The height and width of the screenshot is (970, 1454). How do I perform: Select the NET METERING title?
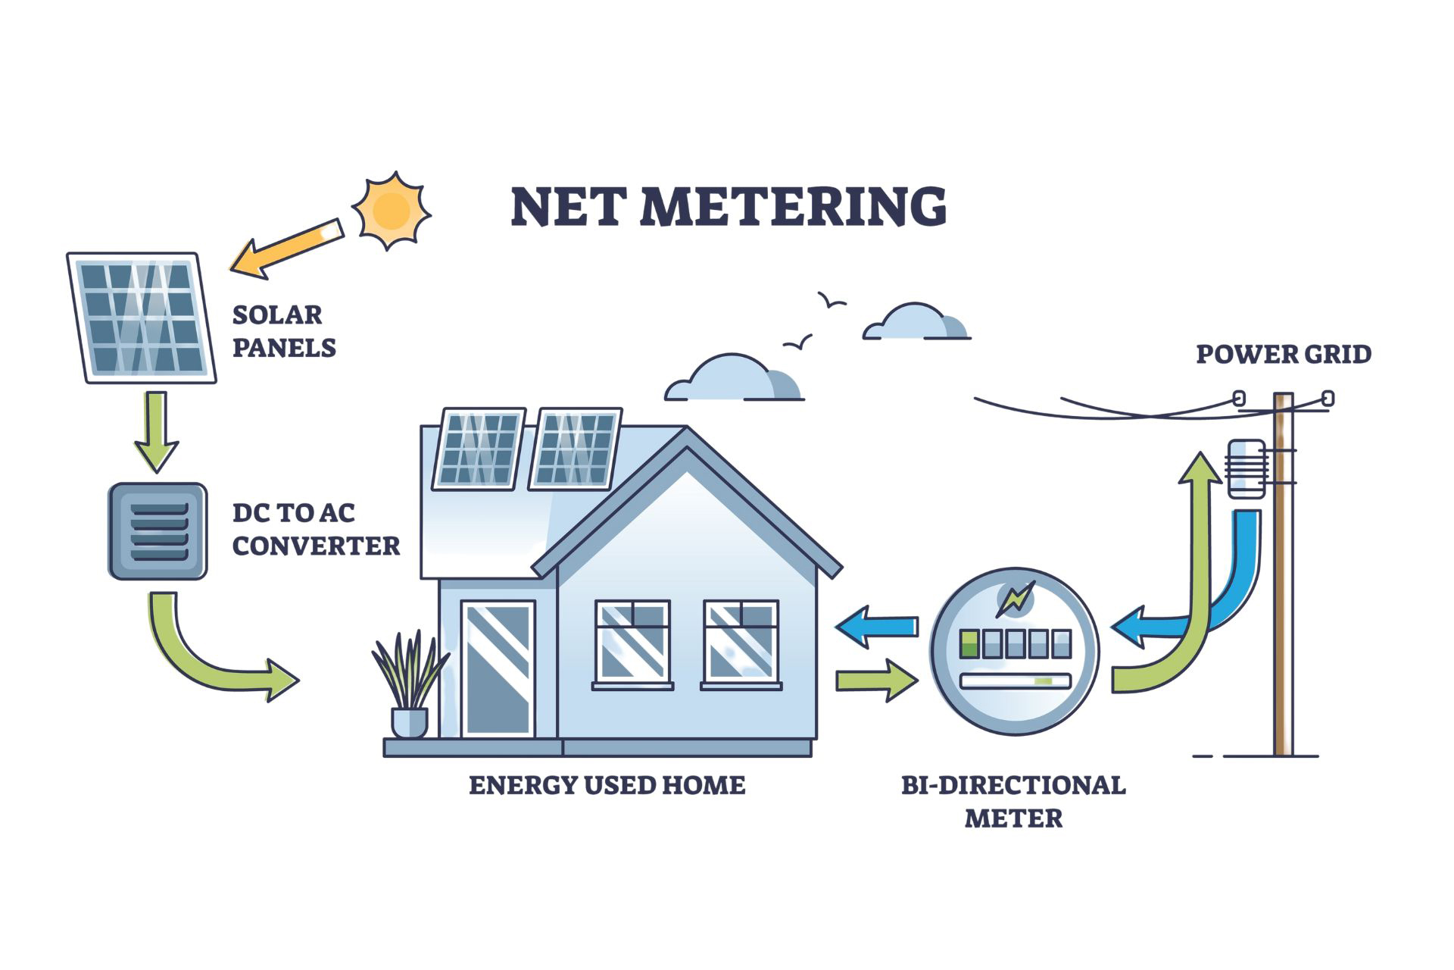pyautogui.click(x=729, y=206)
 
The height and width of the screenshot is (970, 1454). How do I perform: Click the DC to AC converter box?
pyautogui.click(x=158, y=531)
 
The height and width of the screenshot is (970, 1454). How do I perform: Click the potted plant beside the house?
pyautogui.click(x=410, y=686)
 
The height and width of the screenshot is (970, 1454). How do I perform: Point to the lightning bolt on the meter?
pyautogui.click(x=1015, y=599)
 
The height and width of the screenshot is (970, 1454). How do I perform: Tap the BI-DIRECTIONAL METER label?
pyautogui.click(x=1013, y=801)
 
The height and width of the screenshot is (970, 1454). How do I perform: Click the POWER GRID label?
pyautogui.click(x=1284, y=354)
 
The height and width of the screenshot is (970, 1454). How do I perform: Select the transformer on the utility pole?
pyautogui.click(x=1246, y=469)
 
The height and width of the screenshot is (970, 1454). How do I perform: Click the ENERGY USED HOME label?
pyautogui.click(x=607, y=784)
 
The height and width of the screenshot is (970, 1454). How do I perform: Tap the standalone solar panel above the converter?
pyautogui.click(x=142, y=318)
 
